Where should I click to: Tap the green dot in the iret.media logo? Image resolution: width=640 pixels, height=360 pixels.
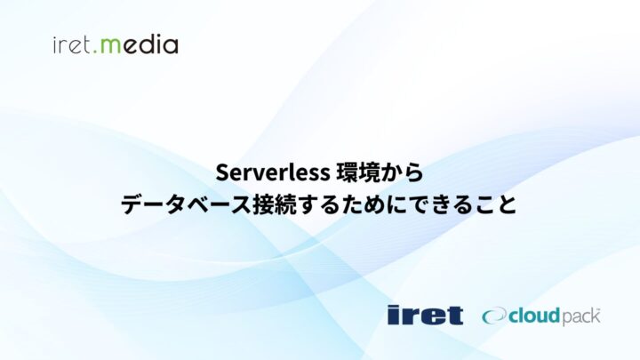[x=100, y=50]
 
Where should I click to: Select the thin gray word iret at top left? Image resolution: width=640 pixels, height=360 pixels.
[x=74, y=44]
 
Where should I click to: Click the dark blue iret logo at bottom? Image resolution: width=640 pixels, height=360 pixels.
[x=425, y=315]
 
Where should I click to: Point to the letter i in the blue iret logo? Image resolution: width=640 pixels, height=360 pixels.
[x=394, y=315]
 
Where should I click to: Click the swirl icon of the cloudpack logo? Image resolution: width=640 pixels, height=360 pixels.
[x=493, y=316]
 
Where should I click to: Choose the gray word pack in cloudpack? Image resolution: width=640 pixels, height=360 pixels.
[x=582, y=317]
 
